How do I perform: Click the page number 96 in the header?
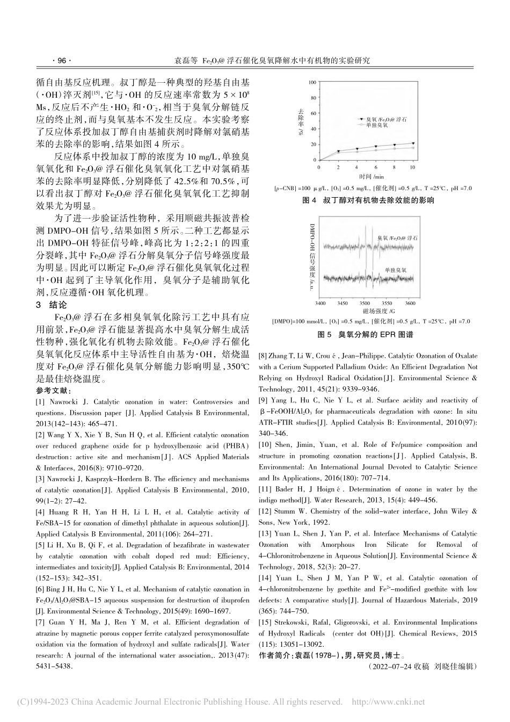[x=62, y=61]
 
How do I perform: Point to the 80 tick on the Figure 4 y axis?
[x=314, y=98]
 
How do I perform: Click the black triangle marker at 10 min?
[x=413, y=143]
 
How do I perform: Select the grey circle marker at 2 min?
[x=338, y=153]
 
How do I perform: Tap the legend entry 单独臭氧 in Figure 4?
[x=378, y=125]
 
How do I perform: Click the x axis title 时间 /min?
[x=371, y=176]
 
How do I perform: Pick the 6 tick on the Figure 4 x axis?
[x=375, y=168]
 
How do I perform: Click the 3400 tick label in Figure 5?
[x=320, y=304]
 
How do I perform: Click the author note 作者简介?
[x=275, y=655]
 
